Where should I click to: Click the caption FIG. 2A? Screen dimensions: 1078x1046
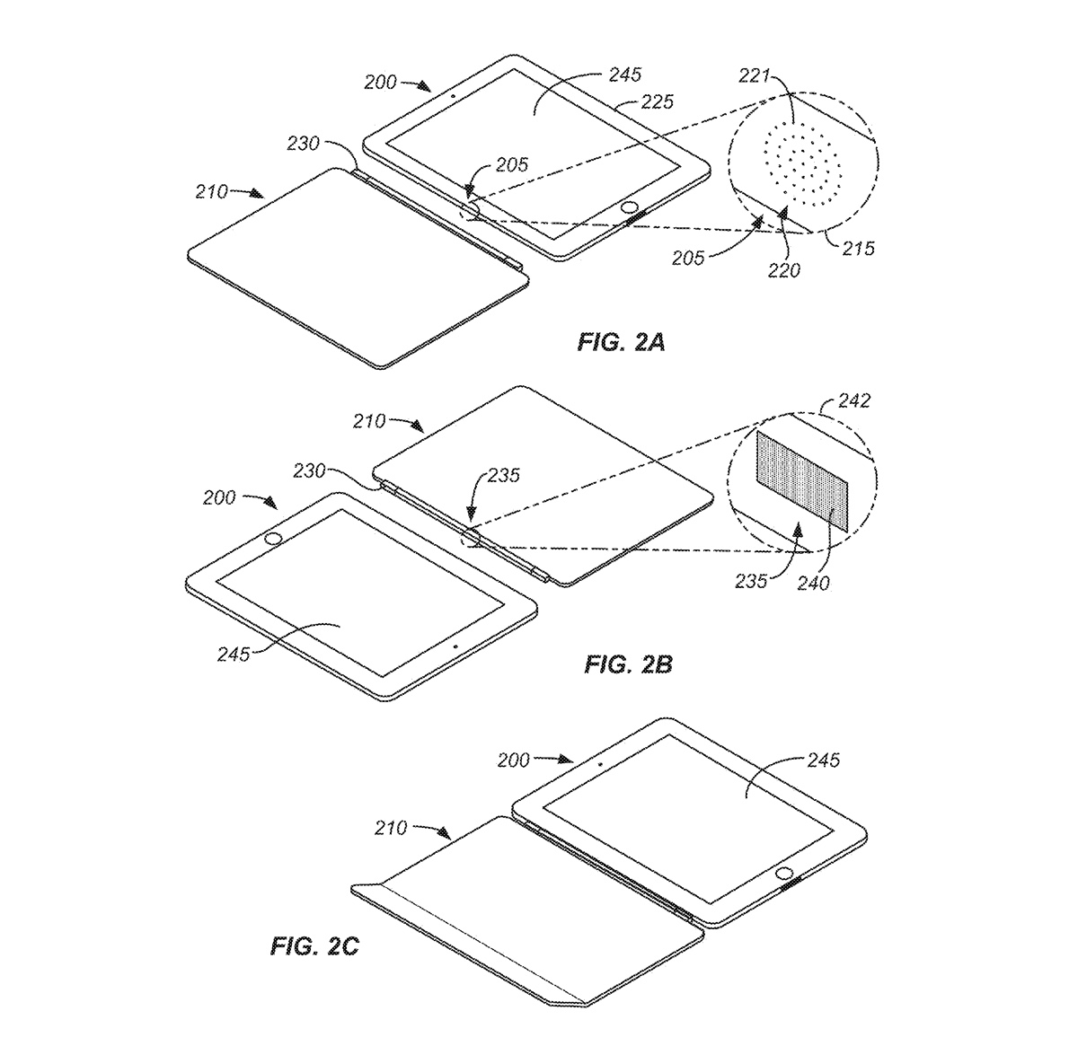621,342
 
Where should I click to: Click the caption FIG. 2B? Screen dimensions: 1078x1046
628,664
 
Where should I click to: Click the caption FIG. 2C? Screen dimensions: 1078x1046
314,945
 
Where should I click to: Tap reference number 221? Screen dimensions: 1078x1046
754,75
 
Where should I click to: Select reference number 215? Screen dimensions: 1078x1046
858,249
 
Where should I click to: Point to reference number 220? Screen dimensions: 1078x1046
784,270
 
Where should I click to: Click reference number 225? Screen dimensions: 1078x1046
657,101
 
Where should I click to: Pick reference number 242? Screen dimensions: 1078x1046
854,400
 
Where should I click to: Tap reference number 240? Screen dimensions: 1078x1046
813,583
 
